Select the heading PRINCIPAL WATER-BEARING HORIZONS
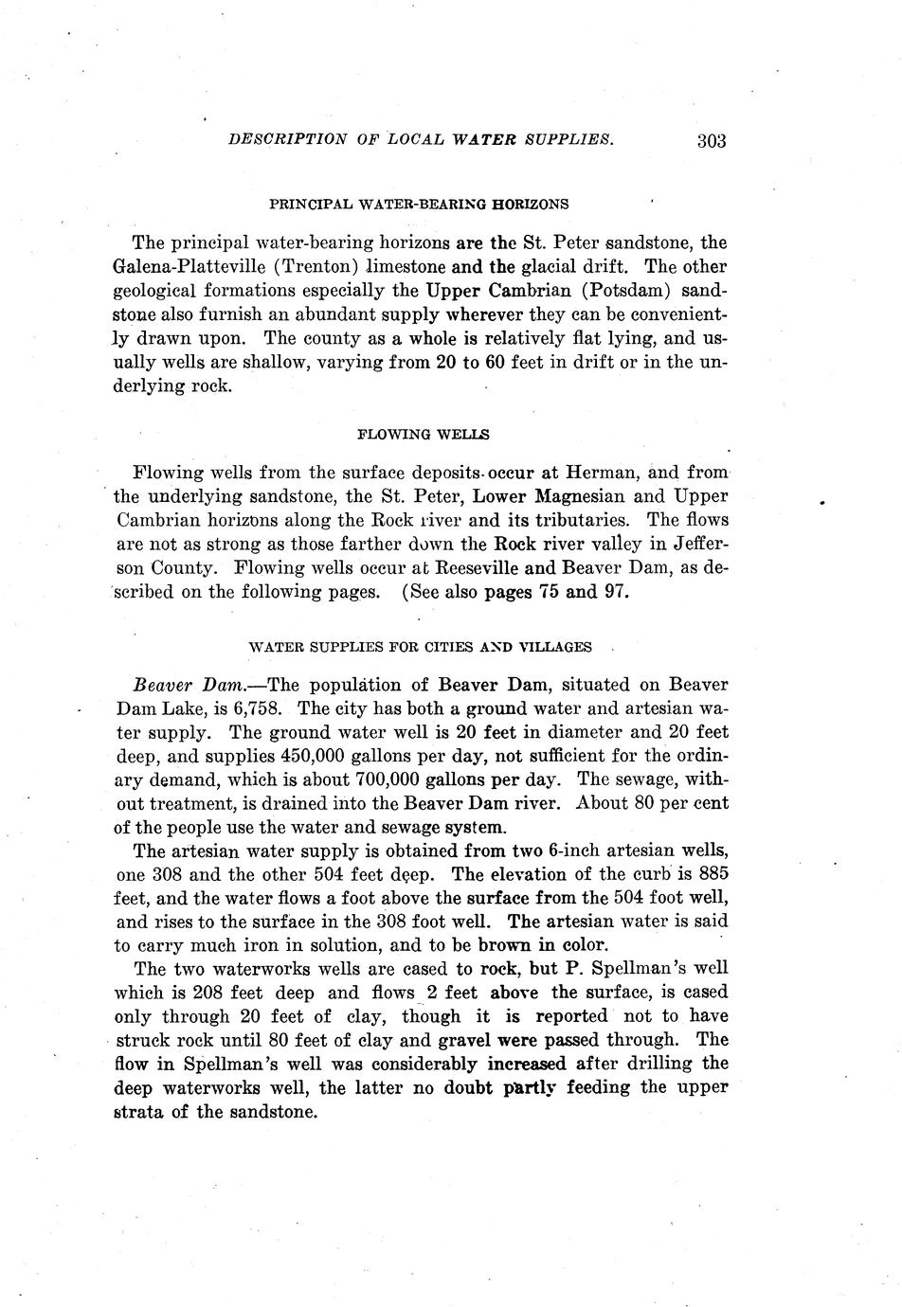click(419, 204)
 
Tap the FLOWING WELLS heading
click(423, 435)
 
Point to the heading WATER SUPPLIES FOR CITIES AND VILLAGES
click(420, 648)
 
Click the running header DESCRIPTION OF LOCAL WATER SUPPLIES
click(422, 140)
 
